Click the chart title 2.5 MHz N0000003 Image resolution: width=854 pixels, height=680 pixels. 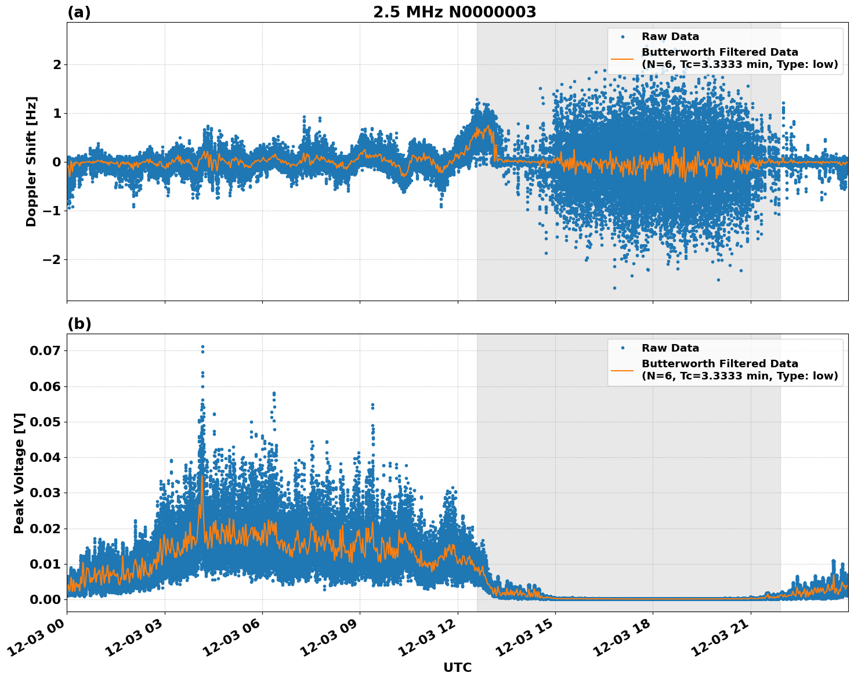click(454, 12)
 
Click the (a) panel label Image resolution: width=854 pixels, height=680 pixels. click(79, 12)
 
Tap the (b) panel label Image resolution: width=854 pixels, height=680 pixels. click(79, 324)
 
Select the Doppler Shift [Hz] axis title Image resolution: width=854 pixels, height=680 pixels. click(31, 161)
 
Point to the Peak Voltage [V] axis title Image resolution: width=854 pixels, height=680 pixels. click(19, 473)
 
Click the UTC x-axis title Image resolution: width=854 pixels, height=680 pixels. click(457, 668)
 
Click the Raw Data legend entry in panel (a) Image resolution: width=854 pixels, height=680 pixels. click(670, 37)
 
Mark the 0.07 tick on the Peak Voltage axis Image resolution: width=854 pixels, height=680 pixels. click(47, 350)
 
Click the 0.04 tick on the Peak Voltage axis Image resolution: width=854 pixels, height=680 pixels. click(47, 457)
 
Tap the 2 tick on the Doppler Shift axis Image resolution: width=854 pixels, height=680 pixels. click(57, 64)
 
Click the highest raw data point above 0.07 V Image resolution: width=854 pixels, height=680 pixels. click(202, 346)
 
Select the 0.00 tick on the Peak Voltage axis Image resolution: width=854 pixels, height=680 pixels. click(47, 599)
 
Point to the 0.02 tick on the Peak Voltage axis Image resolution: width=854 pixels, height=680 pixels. click(47, 529)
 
